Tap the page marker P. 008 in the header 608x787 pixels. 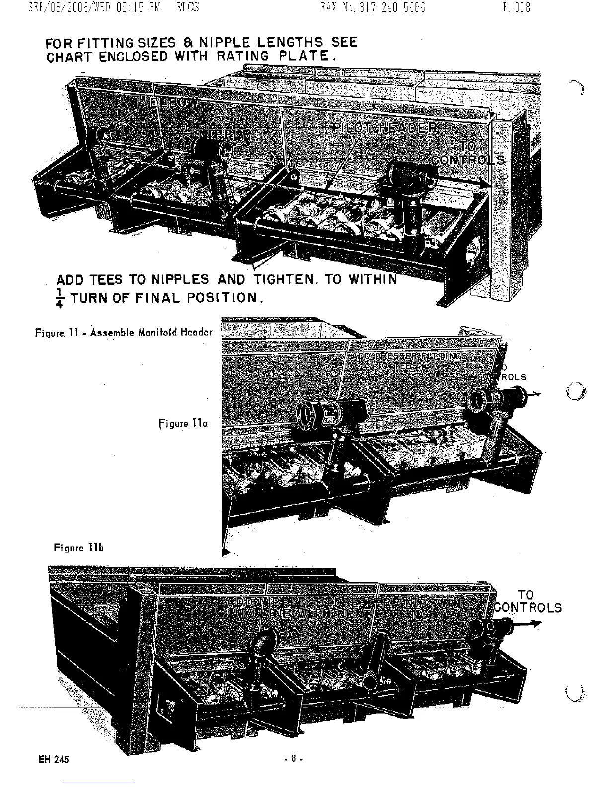pos(516,8)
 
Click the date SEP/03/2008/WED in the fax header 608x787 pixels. pos(64,8)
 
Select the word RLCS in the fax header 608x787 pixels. pos(187,8)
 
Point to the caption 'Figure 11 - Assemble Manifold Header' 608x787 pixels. pos(124,332)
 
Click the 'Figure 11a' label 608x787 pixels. pos(183,423)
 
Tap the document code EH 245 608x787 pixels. pos(53,759)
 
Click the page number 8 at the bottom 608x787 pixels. pos(293,759)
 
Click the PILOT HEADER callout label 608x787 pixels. pos(385,128)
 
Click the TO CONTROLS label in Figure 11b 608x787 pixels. pos(528,601)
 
